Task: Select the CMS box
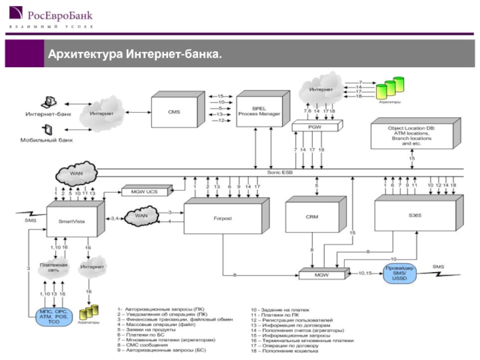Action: (x=174, y=112)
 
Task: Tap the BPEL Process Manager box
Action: (x=259, y=111)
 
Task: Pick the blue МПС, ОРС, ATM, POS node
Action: (x=54, y=317)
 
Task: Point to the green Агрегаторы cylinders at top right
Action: (x=390, y=89)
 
